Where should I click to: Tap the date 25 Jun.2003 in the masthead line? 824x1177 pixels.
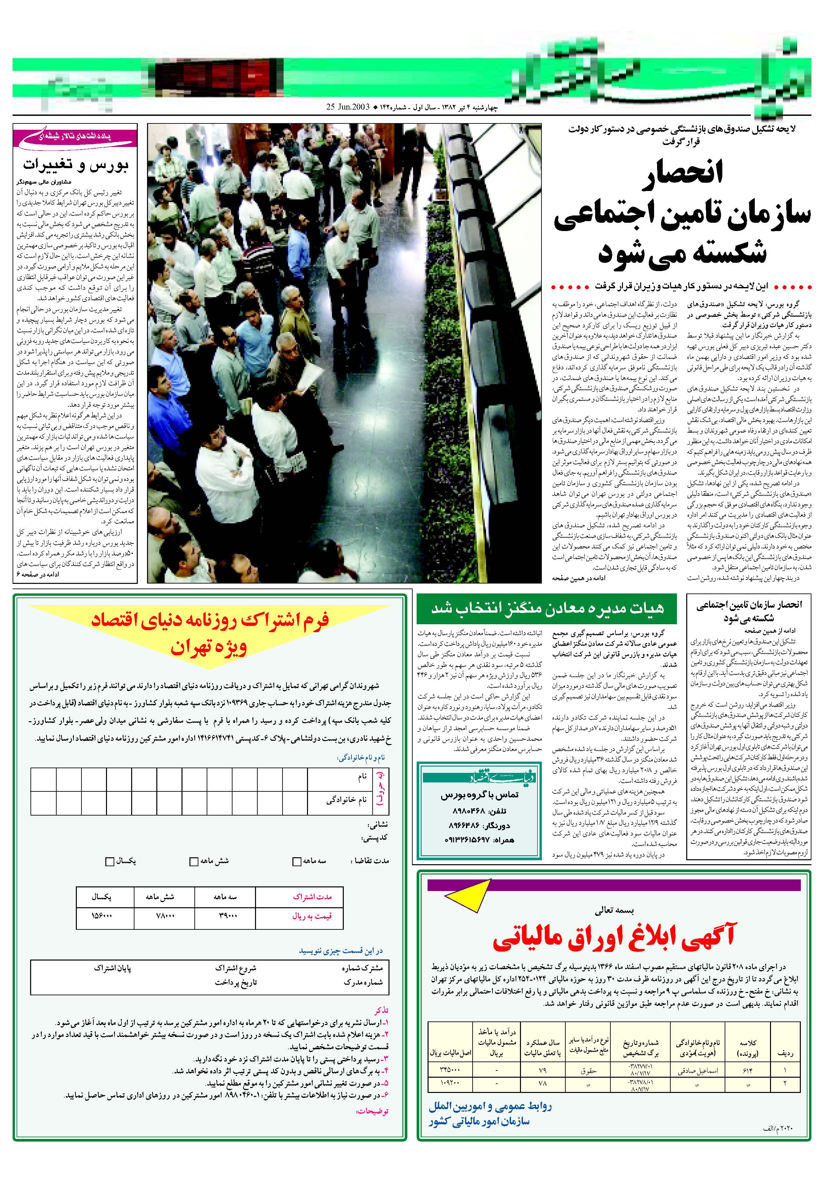coord(347,108)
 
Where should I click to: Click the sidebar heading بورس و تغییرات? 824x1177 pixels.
coord(76,165)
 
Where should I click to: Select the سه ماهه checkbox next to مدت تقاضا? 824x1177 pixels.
coord(296,862)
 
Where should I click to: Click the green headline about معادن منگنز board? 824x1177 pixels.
coord(547,608)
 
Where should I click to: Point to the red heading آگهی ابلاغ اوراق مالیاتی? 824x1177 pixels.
coord(614,936)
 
